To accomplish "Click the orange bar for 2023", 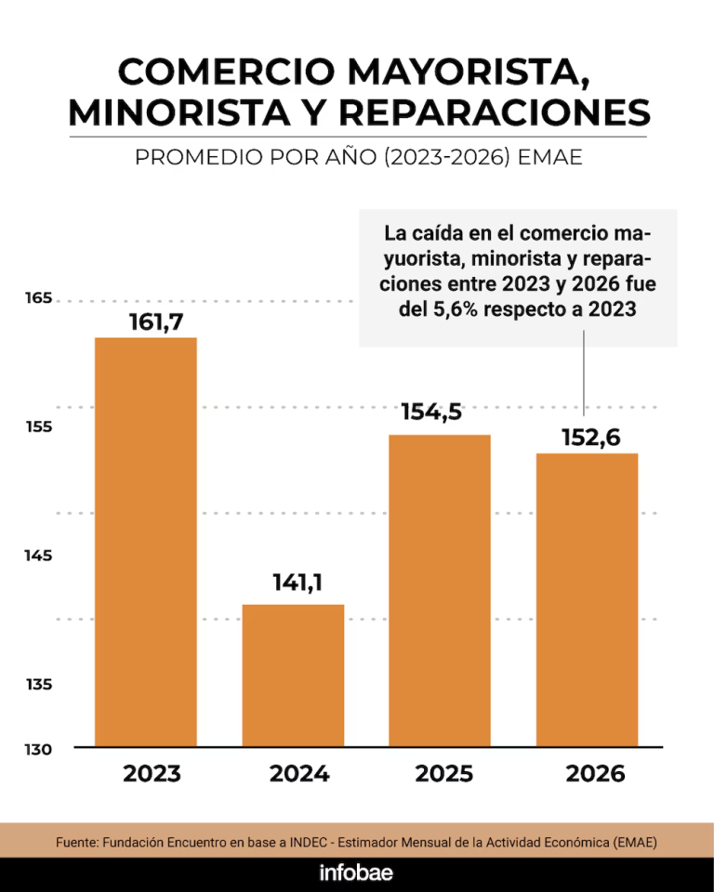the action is (146, 542).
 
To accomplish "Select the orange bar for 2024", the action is (293, 676).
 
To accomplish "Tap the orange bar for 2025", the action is (440, 591).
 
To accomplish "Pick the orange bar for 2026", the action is (587, 600).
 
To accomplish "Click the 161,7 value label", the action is (156, 322).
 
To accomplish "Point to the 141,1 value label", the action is (297, 582).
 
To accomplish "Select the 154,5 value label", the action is (431, 412).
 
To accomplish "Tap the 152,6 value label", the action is (591, 438).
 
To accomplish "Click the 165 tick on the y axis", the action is (38, 297).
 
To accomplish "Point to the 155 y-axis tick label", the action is (39, 426).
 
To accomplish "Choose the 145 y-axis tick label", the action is (38, 556).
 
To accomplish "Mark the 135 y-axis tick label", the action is (39, 684).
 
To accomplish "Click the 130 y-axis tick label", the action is (38, 749).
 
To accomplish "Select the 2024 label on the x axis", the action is (299, 774).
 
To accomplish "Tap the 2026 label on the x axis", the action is (596, 774).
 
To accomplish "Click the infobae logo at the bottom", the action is (356, 873).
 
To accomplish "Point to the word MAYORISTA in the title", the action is (468, 72).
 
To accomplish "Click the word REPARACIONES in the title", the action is (495, 112).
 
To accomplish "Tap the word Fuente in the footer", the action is (76, 842).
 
